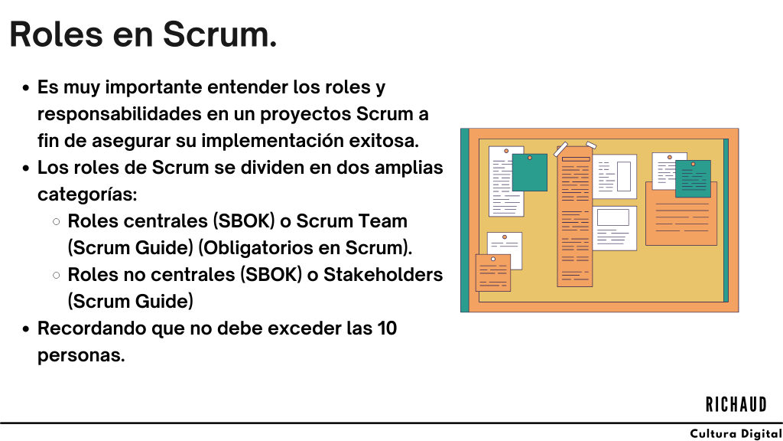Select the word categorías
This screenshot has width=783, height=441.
point(87,194)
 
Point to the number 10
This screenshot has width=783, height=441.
point(387,328)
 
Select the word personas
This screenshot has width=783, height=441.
point(81,355)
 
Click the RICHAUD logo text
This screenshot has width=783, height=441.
point(736,404)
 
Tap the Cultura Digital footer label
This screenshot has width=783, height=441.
point(736,434)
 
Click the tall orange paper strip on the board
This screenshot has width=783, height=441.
point(575,221)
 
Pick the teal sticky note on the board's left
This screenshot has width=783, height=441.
point(529,172)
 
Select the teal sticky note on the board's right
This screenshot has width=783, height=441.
point(693,178)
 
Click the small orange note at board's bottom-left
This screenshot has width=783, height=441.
point(492,273)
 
